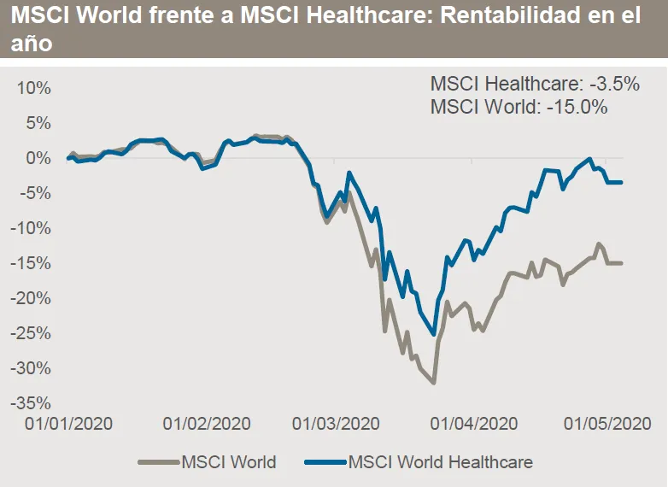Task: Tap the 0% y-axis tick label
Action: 38,158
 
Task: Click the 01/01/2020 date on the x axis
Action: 68,424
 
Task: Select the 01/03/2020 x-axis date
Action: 335,424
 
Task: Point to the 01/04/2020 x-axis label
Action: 472,424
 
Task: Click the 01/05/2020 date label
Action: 606,424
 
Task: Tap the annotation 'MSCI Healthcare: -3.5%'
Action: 535,85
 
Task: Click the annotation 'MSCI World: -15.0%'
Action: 519,108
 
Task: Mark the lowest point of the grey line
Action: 434,383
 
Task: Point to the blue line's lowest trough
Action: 434,334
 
